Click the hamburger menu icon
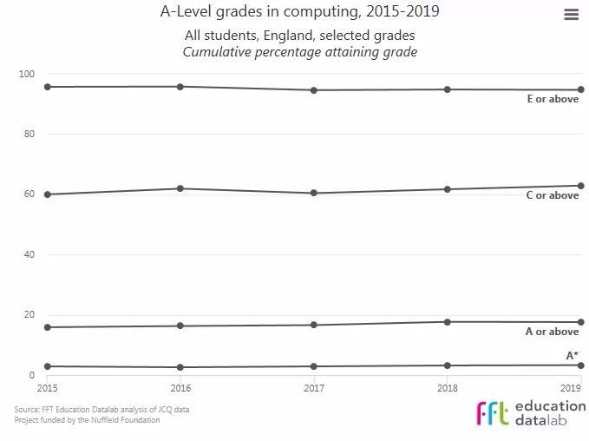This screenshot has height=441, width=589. (x=570, y=15)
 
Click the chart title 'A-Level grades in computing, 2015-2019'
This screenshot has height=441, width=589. (x=299, y=13)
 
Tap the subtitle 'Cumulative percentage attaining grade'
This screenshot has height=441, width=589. (x=299, y=52)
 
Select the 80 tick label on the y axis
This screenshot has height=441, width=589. (x=28, y=135)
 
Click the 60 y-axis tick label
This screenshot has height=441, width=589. (x=28, y=194)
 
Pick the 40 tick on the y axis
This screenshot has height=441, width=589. (x=28, y=255)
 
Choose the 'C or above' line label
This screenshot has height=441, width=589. (x=553, y=196)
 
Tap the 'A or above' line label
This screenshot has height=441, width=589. (x=553, y=332)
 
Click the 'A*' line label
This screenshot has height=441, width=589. (x=572, y=356)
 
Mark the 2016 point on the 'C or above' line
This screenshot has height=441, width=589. (x=180, y=188)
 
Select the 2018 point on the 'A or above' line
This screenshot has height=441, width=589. (x=447, y=322)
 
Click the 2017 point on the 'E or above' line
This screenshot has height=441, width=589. (x=313, y=90)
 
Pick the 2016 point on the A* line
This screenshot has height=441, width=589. (x=180, y=367)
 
